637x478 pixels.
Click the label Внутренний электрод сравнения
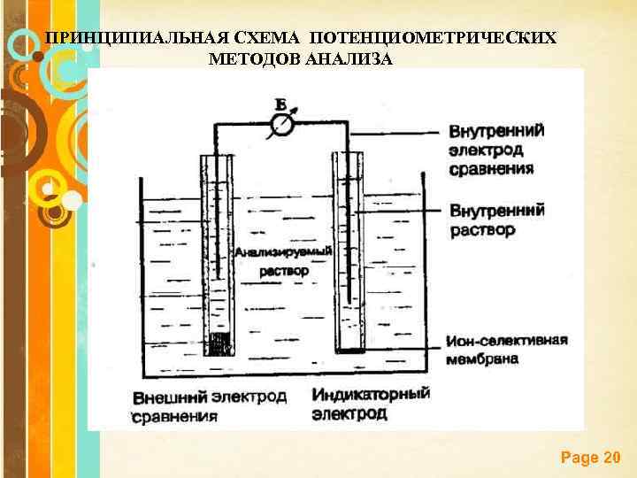(496, 149)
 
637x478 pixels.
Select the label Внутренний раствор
(496, 220)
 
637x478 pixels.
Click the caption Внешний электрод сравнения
(210, 405)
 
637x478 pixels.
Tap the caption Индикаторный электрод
(371, 403)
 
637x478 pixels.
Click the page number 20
(610, 458)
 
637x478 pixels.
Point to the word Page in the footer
(579, 458)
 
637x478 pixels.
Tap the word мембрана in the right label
(483, 359)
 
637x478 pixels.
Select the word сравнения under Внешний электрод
(175, 415)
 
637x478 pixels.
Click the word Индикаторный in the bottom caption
(371, 393)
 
